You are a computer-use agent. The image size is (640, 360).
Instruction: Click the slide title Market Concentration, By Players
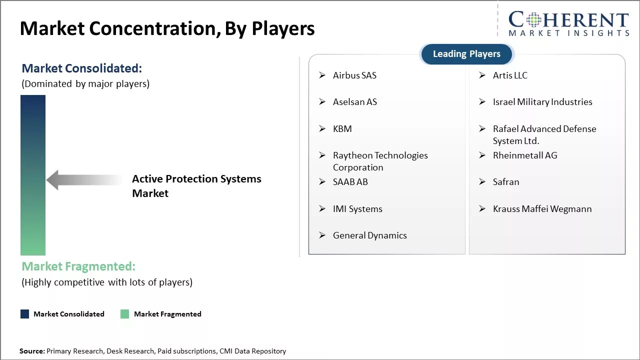(167, 28)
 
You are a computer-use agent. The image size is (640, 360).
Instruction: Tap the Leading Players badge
(466, 54)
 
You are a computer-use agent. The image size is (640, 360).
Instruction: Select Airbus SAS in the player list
(354, 75)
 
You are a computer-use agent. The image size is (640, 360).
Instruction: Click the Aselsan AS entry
(354, 102)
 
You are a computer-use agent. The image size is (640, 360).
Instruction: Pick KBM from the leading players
(342, 129)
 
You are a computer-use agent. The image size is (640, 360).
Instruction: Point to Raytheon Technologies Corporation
(380, 161)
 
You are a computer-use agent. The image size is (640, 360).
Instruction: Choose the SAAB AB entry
(350, 182)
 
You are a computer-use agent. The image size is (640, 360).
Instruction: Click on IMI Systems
(357, 209)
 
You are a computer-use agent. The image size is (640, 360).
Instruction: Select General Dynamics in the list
(369, 235)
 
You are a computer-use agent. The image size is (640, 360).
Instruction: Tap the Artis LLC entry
(510, 75)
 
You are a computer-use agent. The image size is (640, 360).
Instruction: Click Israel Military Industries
(542, 102)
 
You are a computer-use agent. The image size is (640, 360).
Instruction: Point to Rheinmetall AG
(524, 155)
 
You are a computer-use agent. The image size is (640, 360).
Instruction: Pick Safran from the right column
(505, 182)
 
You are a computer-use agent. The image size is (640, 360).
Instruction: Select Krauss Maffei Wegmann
(542, 209)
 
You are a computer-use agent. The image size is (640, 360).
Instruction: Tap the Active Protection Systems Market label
(196, 186)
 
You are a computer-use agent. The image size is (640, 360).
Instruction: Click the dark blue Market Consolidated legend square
(25, 314)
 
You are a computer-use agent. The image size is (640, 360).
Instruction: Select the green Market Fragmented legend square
(125, 314)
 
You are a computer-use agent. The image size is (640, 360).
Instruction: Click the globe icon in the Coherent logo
(531, 20)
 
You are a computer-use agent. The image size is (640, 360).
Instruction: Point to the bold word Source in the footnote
(31, 351)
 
